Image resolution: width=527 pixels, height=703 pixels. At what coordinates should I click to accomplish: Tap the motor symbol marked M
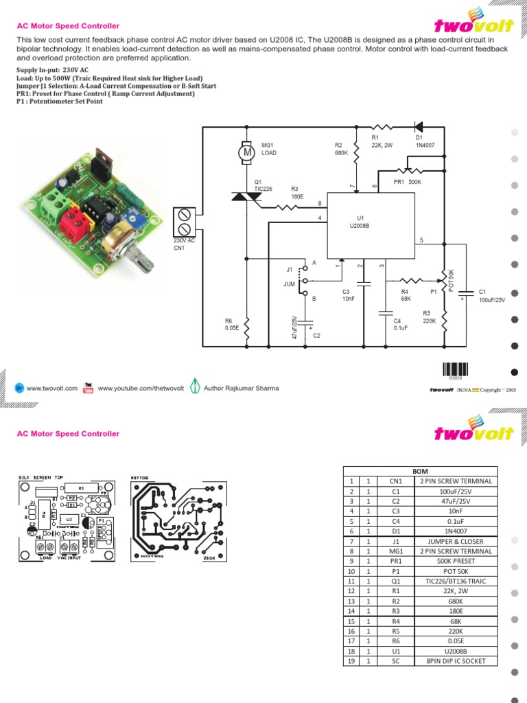coord(246,153)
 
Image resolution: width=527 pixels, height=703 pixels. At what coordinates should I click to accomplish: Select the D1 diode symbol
coord(418,126)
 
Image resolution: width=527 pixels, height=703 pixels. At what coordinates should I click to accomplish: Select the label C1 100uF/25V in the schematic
coord(491,296)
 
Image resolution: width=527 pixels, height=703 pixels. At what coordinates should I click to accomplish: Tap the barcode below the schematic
coord(456,369)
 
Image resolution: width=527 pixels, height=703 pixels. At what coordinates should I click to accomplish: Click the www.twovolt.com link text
coord(52,389)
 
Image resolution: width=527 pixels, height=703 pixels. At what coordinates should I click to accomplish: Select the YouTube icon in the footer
coord(88,389)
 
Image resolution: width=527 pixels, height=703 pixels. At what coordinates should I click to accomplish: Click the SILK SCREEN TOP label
coord(39,476)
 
